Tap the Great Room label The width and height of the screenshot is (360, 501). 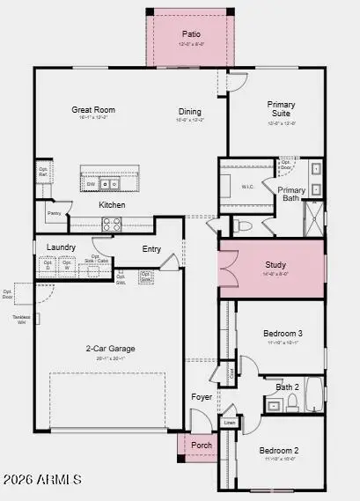[x=93, y=110]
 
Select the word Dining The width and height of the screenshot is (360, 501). [x=190, y=112]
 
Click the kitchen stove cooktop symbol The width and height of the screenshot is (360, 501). [x=112, y=225]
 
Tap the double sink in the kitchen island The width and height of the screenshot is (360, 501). [x=110, y=184]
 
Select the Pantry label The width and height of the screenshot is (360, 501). [x=54, y=213]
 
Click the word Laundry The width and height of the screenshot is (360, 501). [x=61, y=247]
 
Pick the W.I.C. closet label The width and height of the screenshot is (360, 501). [x=249, y=184]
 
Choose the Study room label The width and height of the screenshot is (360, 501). [x=276, y=265]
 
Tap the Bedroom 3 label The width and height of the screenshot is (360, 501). [x=283, y=333]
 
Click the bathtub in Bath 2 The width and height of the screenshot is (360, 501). [x=306, y=405]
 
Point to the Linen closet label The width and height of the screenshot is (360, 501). [x=230, y=424]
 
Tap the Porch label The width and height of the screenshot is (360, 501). [x=202, y=445]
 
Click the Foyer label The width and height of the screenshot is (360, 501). [x=202, y=397]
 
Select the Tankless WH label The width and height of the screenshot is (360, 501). [x=21, y=319]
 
